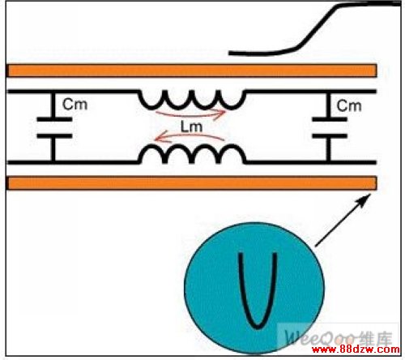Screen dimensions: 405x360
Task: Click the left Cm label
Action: tap(75, 105)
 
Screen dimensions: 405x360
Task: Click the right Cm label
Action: tap(349, 105)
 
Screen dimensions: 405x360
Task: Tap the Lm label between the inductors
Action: tap(191, 126)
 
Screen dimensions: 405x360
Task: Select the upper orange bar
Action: tap(191, 71)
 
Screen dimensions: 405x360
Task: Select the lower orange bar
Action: tap(191, 183)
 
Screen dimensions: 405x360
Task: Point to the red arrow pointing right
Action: tap(190, 115)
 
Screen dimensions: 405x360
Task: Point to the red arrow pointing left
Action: tap(189, 135)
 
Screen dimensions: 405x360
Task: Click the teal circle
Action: tap(254, 288)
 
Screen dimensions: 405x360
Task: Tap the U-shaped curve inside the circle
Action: tap(258, 328)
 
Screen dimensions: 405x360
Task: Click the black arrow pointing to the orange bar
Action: tap(343, 220)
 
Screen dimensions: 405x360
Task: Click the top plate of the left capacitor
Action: tap(54, 119)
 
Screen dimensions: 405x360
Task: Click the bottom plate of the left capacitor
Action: tap(54, 136)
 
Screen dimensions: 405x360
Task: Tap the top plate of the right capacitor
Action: tap(330, 119)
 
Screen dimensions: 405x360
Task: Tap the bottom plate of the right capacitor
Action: tap(330, 136)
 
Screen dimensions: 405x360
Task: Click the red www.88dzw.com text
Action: tap(356, 349)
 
